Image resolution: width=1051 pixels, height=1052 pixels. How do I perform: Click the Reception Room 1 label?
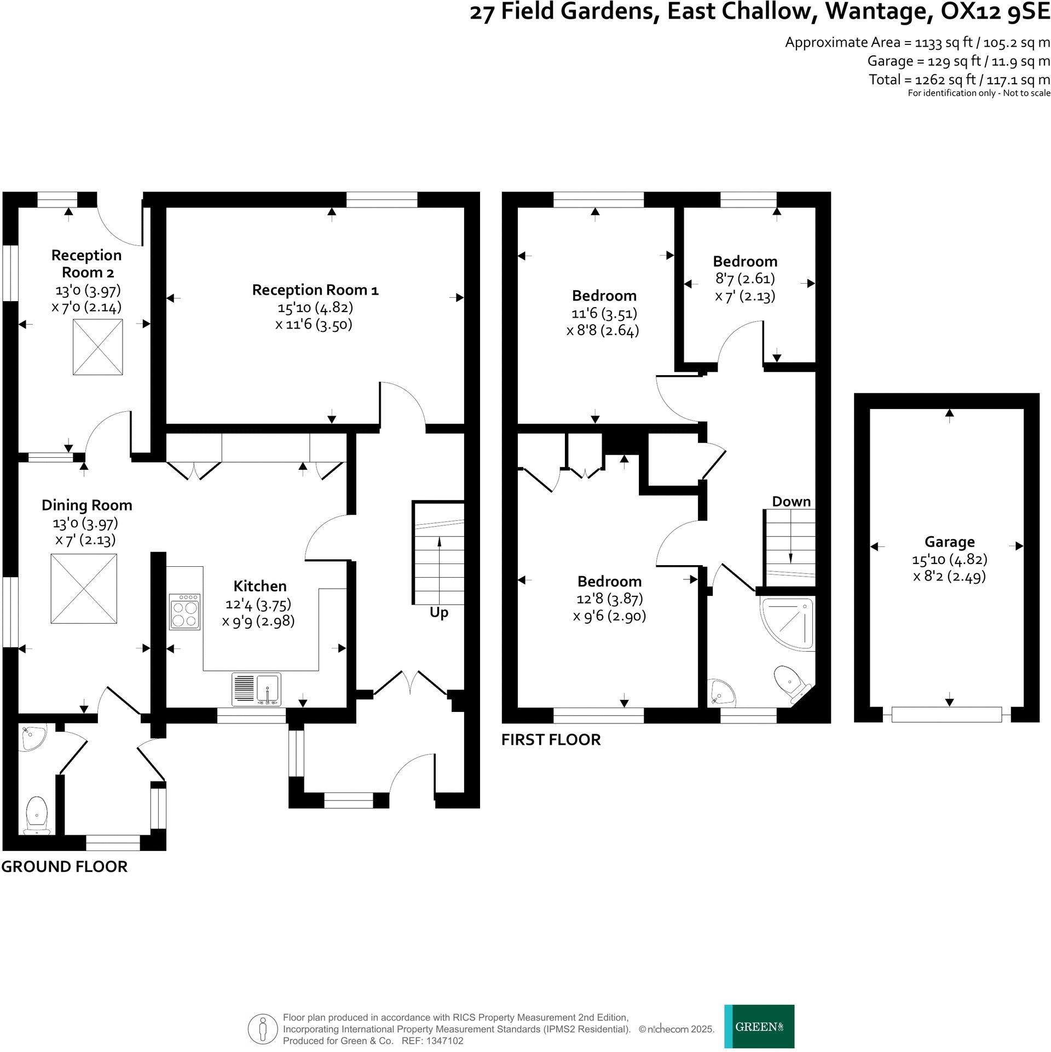coord(315,290)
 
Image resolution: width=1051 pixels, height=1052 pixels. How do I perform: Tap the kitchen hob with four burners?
coord(184,611)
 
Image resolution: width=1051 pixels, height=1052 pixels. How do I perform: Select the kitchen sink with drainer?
coord(257,689)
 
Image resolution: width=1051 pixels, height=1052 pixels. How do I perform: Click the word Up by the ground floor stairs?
coord(438,612)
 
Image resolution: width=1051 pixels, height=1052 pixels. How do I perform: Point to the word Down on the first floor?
coord(791,502)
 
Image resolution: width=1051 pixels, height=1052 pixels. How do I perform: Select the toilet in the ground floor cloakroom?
coord(37,815)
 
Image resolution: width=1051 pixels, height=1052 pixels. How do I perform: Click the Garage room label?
coord(949,542)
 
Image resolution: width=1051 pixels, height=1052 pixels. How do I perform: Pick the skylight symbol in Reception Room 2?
coord(97,347)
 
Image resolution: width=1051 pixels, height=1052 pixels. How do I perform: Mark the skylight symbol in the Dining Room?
coord(84,588)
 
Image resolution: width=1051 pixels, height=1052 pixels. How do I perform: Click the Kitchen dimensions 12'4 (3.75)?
coord(258,604)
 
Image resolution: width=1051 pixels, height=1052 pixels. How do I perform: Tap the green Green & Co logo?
coord(759,1026)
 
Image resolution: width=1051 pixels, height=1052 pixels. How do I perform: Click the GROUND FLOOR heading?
coord(64,866)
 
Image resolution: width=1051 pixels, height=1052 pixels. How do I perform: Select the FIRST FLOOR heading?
coord(551,739)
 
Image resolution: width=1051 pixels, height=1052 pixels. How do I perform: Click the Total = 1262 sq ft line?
coord(959,79)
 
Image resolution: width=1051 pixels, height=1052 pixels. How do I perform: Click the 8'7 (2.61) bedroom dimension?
coord(744,279)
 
